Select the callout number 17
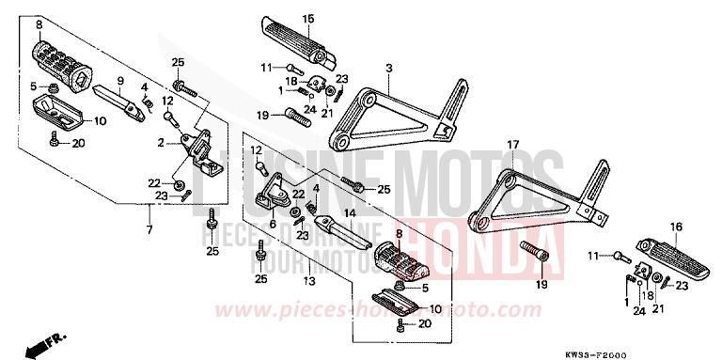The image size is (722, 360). click(513, 144)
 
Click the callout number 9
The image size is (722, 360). click(120, 80)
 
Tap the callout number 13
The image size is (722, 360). click(308, 281)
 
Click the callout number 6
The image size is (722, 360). click(273, 224)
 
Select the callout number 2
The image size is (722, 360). click(162, 144)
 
